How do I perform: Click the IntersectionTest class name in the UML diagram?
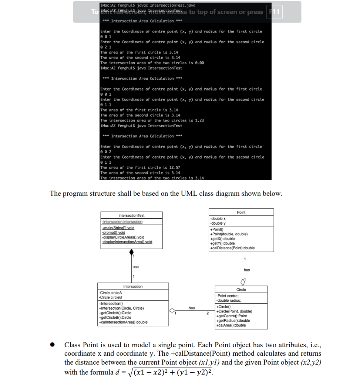tap(131, 215)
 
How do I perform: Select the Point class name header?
tap(241, 212)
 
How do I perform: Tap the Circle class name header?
tap(241, 290)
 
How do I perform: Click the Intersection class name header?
tap(133, 287)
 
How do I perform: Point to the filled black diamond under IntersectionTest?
tap(131, 252)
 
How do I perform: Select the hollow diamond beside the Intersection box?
tap(172, 311)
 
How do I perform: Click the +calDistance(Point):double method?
tap(232, 248)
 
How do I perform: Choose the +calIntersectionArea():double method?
tap(123, 322)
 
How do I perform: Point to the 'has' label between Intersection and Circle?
tap(192, 307)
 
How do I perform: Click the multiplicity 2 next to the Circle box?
tap(208, 314)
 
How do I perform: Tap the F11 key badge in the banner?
tap(275, 12)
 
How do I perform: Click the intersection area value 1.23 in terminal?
tap(199, 120)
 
